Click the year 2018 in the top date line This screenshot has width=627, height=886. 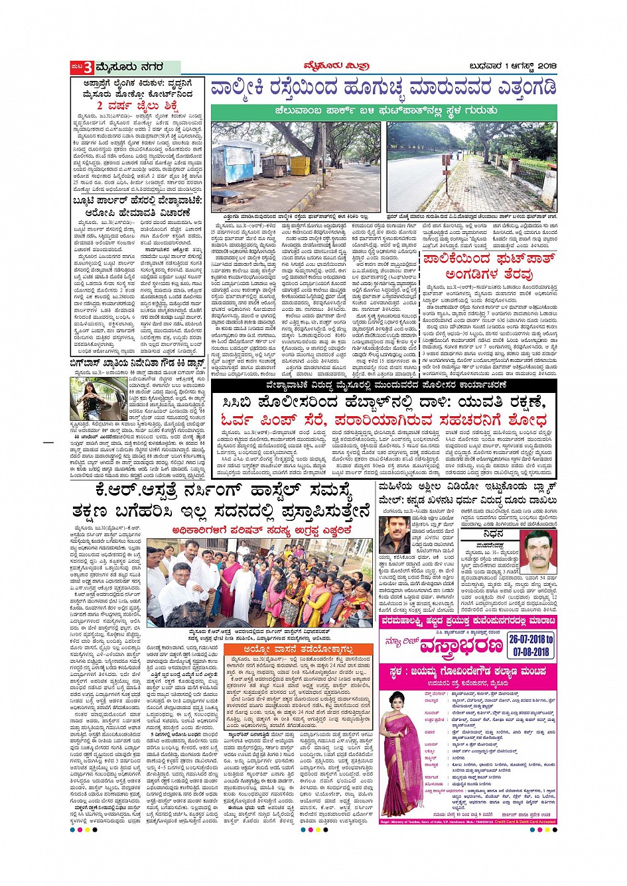(x=545, y=66)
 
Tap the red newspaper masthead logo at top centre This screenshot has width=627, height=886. (x=322, y=66)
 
